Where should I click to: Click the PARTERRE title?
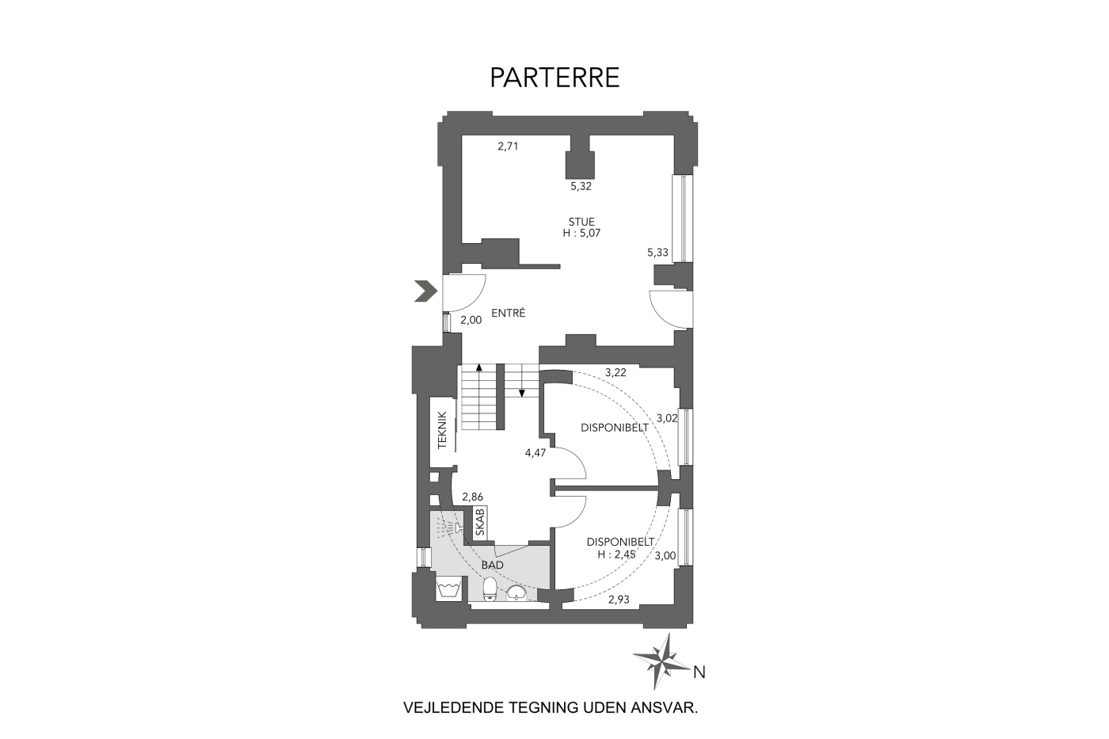pos(554,78)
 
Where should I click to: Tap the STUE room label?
pos(581,222)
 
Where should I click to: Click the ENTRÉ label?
pos(508,313)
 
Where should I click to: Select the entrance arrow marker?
pos(426,291)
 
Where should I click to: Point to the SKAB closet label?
pos(479,523)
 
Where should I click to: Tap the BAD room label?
pos(493,565)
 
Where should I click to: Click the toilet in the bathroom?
pos(490,588)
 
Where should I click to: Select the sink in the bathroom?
pos(516,592)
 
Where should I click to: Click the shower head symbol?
pos(459,528)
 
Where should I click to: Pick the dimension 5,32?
pos(581,186)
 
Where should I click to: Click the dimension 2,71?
pos(508,146)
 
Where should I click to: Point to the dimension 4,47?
pos(535,452)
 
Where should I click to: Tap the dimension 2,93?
pos(619,600)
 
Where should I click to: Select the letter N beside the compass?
pos(699,672)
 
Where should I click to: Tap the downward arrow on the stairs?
pos(522,381)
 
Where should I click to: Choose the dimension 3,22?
pos(615,373)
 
